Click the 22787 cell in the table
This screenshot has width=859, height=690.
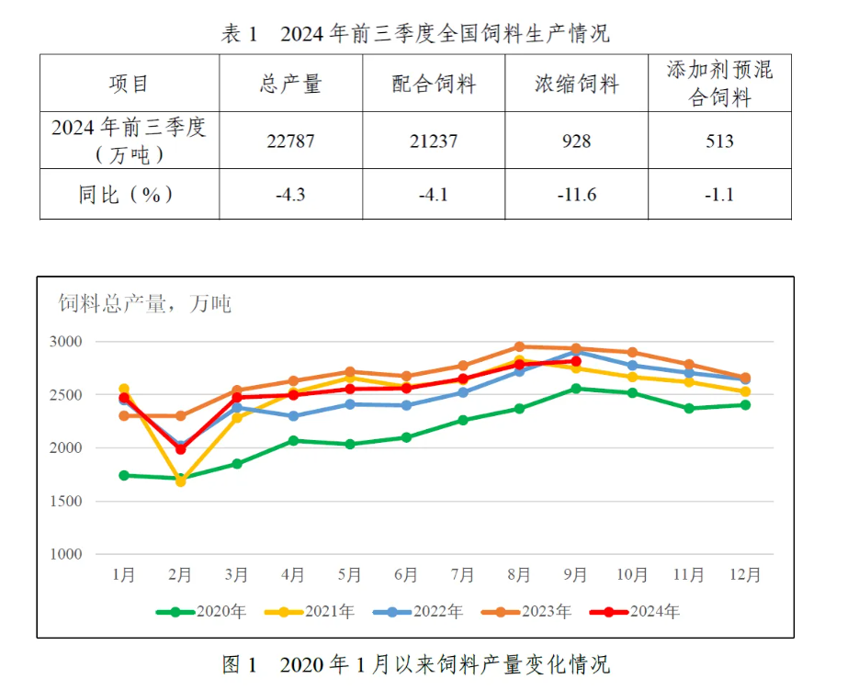290,141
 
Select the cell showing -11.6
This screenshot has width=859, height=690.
576,195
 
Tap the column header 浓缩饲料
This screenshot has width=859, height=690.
576,85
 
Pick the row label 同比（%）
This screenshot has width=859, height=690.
128,195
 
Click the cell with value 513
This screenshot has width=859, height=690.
719,141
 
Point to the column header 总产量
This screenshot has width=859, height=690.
290,85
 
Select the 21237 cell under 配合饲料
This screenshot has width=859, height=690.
433,141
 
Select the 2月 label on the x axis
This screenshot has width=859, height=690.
180,576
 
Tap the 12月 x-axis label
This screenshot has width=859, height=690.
745,576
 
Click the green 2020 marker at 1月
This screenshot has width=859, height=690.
124,475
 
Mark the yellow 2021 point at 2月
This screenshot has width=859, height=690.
181,481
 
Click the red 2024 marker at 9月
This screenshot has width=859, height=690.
576,361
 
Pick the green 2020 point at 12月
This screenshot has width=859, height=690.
745,404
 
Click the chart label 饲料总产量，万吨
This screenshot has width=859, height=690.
145,303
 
